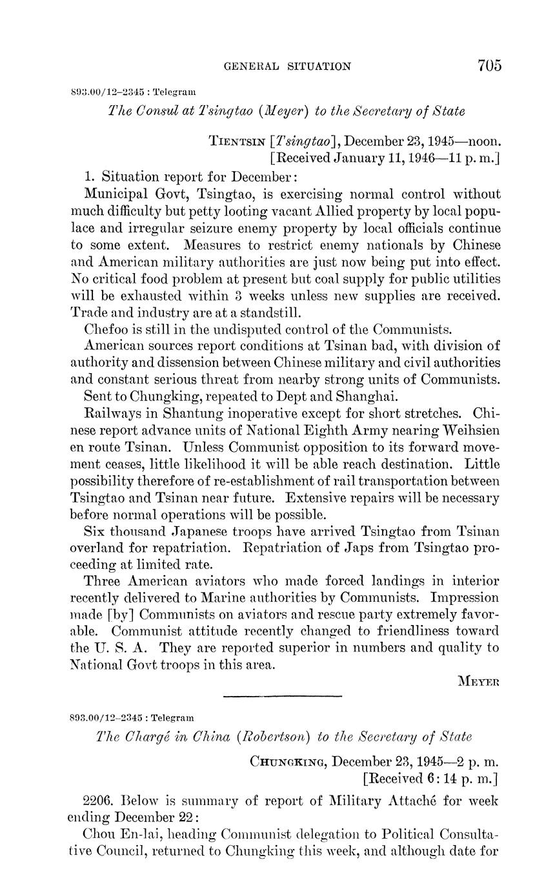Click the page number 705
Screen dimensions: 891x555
click(490, 65)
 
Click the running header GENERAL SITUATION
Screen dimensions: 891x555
click(287, 66)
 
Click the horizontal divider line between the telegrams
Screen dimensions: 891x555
click(281, 695)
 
